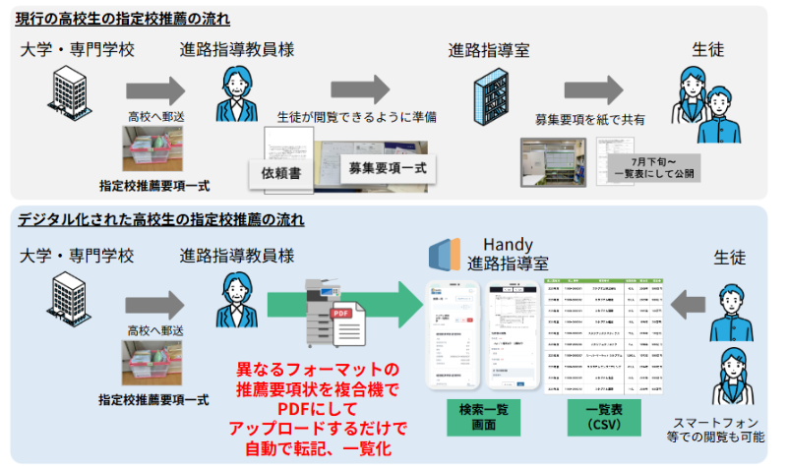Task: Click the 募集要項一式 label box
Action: [387, 169]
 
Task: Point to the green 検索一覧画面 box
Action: [483, 416]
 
